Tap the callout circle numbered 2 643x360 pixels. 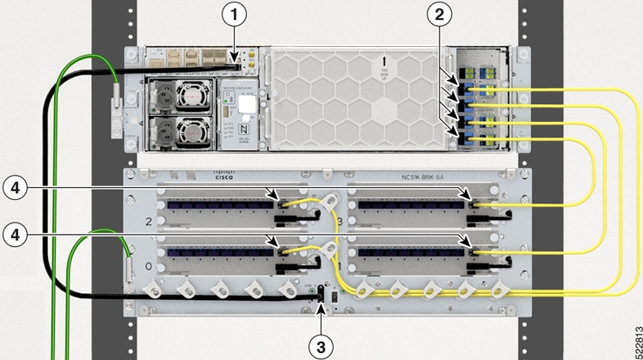(441, 14)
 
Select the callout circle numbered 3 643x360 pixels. (321, 345)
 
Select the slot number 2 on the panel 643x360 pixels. (149, 223)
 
